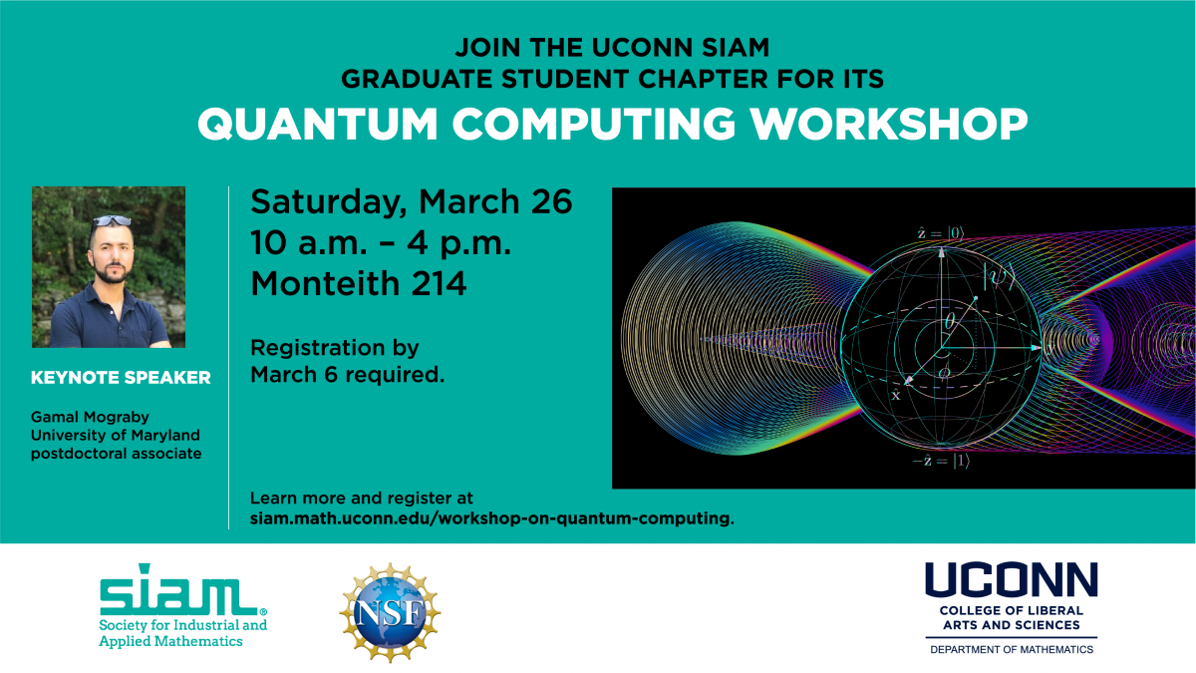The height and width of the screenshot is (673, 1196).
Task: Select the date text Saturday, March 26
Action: pyautogui.click(x=412, y=202)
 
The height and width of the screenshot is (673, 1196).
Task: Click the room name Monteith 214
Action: pyautogui.click(x=358, y=284)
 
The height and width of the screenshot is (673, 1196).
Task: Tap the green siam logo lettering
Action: pyautogui.click(x=175, y=595)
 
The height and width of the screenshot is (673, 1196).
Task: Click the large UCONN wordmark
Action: pyautogui.click(x=1011, y=581)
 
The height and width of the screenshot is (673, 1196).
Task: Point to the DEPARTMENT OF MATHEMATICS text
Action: pyautogui.click(x=1012, y=649)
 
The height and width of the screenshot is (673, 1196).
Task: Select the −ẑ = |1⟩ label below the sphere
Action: pyautogui.click(x=940, y=462)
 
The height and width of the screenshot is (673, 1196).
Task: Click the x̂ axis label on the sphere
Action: pyautogui.click(x=895, y=395)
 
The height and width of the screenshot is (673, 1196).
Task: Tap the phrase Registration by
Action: pyautogui.click(x=334, y=349)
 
